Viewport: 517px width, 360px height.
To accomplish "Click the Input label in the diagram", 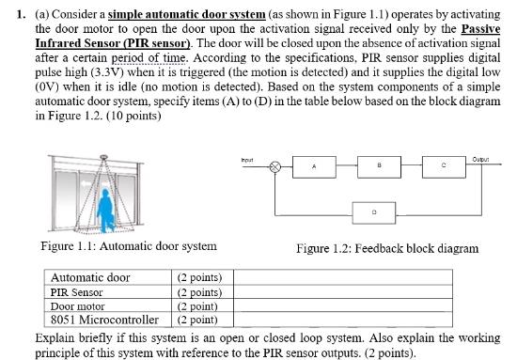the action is (x=248, y=159).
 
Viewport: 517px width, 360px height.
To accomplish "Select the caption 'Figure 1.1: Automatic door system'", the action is (x=129, y=246).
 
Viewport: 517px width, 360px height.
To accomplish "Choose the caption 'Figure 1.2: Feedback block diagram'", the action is (x=386, y=248).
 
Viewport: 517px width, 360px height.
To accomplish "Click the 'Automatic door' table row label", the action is (x=90, y=278).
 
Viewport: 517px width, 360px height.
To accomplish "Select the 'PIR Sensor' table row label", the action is (x=76, y=292).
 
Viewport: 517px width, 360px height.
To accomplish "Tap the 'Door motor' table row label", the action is (x=78, y=306).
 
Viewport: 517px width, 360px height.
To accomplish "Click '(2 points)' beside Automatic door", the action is (x=199, y=278).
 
